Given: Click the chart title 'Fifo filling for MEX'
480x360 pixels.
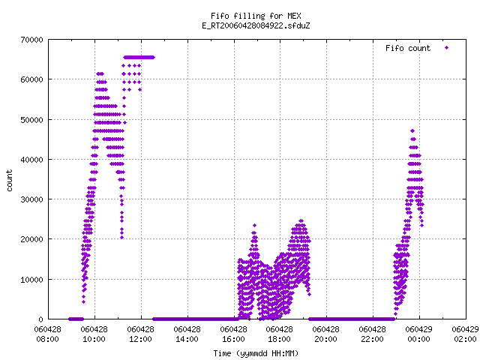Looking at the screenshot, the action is coord(256,16).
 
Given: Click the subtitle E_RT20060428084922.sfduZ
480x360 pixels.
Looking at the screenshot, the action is coord(256,25).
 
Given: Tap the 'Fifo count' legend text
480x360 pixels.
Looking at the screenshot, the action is coord(408,48).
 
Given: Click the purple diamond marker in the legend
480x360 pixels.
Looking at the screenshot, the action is coord(447,48).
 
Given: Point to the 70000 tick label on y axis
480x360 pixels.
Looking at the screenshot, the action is coord(31,40).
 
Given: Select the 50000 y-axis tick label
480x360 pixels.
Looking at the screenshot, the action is coord(31,120).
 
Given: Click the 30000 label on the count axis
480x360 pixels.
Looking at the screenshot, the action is coord(31,199).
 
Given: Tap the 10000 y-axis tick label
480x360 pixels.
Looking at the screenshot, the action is coord(31,280).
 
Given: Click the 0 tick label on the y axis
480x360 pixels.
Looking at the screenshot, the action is coord(41,319).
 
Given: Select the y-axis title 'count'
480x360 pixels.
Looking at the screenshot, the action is coord(10,181).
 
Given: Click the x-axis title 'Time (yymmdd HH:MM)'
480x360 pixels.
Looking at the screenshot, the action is coord(256,353).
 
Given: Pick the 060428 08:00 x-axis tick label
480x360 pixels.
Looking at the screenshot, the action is coord(48,334).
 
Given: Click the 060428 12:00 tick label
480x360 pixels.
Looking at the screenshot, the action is coord(140,334).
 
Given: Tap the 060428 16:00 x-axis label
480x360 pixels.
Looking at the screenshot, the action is coord(233,334).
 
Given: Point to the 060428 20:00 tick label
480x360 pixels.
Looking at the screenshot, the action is coord(326,334).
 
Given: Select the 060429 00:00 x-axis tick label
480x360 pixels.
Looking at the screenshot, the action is coord(418,334).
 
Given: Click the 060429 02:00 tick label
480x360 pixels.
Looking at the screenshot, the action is coord(465,334).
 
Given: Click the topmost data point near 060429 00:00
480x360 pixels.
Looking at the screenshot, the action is coord(412,131).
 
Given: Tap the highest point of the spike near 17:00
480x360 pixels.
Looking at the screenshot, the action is coord(254,225).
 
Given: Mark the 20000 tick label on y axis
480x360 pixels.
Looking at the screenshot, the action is coord(31,239).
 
